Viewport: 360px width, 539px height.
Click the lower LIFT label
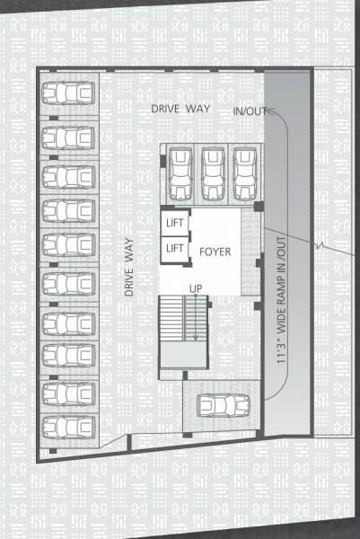tap(175, 247)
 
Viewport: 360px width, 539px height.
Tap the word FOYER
tap(215, 252)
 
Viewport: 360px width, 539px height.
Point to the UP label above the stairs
tap(194, 287)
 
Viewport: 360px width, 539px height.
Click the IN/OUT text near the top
tap(249, 111)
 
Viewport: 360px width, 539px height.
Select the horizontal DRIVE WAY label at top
tap(180, 108)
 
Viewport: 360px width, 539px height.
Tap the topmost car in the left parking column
tap(68, 93)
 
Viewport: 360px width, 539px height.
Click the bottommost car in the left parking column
tap(68, 424)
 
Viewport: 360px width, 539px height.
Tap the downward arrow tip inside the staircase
tap(195, 339)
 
